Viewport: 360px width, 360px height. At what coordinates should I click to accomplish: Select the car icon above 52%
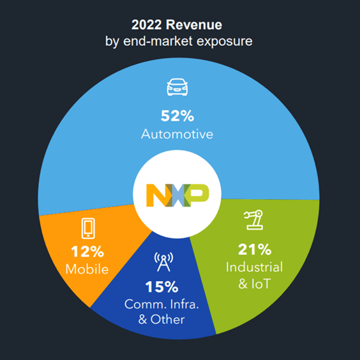179,87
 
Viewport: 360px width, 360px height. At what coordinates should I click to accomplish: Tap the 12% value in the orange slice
87,251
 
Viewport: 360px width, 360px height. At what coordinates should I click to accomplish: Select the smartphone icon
87,228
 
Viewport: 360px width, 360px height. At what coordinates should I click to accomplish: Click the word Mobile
87,269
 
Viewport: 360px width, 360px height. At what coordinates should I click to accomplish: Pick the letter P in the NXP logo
199,194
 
